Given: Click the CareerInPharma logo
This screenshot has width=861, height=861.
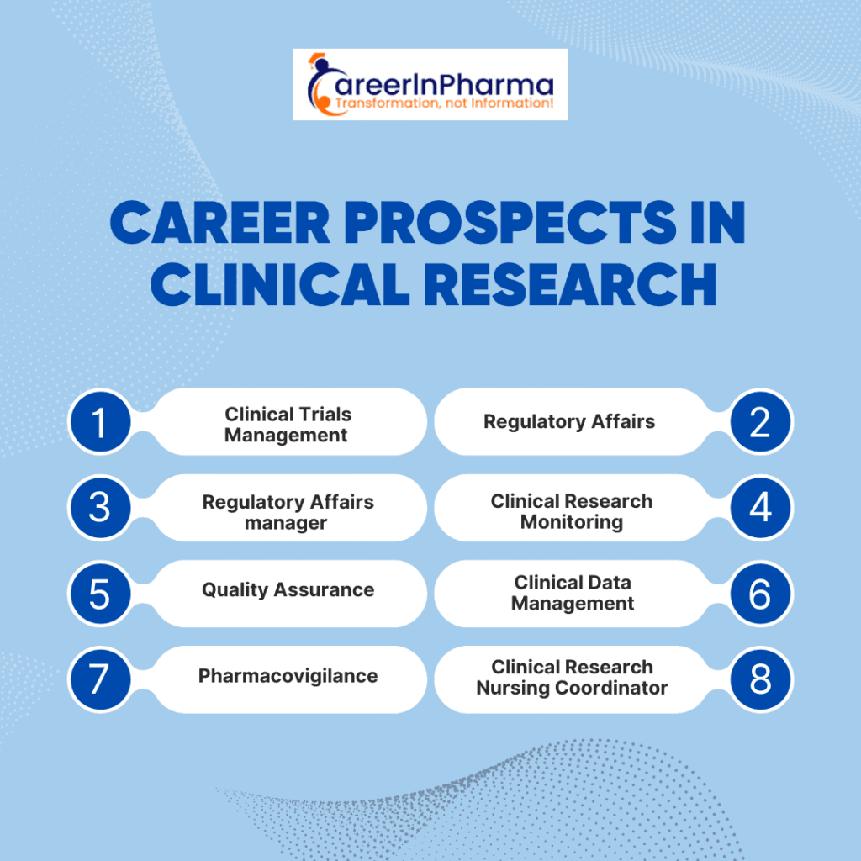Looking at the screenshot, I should pos(430,84).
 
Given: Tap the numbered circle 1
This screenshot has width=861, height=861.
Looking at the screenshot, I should pos(99,423).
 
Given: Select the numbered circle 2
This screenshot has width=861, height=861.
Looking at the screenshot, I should pos(760,423).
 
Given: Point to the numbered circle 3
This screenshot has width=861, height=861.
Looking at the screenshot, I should pos(99,509).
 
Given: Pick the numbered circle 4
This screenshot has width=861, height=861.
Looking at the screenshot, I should pos(760,509).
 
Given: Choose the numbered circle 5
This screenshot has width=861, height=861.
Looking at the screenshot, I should pos(99,594).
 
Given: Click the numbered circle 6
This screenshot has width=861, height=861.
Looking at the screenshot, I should pos(760,594).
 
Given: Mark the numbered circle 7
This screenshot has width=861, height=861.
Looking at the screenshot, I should pos(99,679).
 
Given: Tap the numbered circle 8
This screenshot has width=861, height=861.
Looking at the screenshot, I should pos(760,679).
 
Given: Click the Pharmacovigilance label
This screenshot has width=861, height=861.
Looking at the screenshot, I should pos(288,676).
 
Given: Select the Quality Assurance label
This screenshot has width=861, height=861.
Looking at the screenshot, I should pos(288,590).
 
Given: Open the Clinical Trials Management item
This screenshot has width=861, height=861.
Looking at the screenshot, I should pos(288,425).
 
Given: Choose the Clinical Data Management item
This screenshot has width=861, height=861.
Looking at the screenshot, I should pos(573,593).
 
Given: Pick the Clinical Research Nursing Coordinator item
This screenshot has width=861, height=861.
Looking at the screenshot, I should pos(573,678).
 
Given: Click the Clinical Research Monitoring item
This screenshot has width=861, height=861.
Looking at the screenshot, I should pos(572,511).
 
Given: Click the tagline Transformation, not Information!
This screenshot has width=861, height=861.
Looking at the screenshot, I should pos(445,104).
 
